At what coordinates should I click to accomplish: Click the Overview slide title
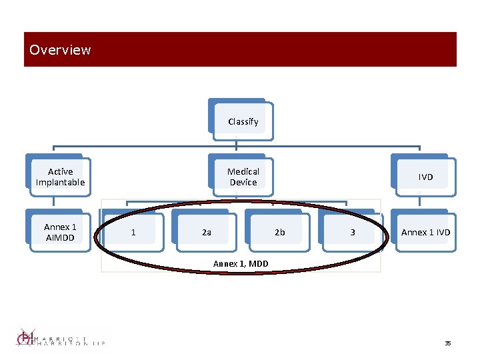point(60,50)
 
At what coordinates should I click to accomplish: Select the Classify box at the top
point(243,121)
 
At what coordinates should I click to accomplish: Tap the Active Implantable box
point(60,177)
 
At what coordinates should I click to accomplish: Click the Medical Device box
point(243,177)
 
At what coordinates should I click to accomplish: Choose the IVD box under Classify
point(425,177)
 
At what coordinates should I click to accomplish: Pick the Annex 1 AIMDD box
point(60,232)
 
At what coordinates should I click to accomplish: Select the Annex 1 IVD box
point(425,232)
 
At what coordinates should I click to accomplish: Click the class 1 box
point(134,232)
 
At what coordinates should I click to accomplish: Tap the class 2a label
point(207,232)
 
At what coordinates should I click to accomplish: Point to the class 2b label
point(280,232)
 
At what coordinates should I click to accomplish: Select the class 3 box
point(353,232)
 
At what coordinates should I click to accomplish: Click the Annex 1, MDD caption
point(241,264)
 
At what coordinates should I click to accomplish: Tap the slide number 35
point(448,343)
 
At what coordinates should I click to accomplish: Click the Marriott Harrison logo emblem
point(25,337)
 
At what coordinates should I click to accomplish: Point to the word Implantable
point(60,182)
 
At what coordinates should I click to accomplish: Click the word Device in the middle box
point(243,182)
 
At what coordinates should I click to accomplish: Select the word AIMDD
point(60,237)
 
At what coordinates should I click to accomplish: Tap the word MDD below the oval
point(258,264)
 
